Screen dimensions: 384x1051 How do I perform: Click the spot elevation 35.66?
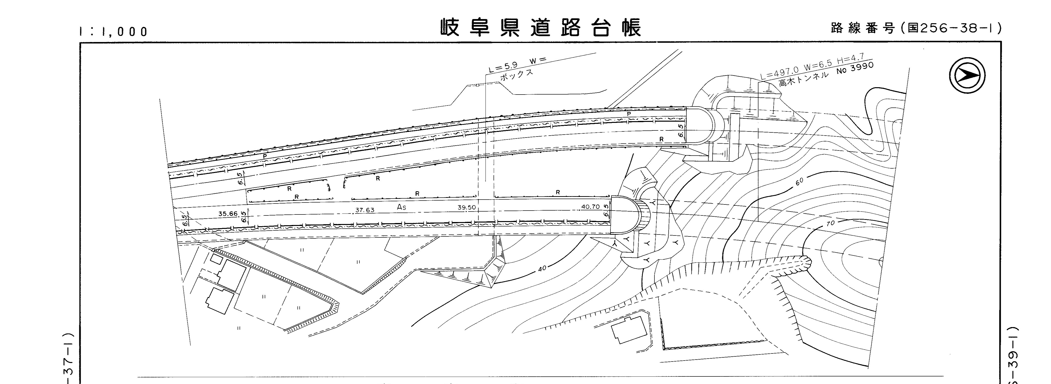tap(228, 213)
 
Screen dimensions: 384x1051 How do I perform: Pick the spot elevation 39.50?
tap(466, 207)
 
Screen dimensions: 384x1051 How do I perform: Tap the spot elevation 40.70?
tap(590, 207)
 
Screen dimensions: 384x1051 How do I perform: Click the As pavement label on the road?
tap(401, 207)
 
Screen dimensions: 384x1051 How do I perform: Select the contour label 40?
tap(542, 269)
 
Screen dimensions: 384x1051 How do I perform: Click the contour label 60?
tap(799, 181)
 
